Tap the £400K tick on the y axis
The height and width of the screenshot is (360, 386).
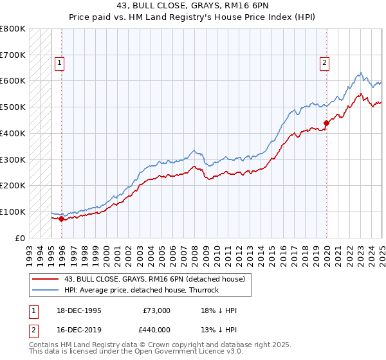[x=12, y=133]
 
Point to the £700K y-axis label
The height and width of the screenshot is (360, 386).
[x=12, y=55]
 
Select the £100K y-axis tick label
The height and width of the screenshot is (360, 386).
[x=12, y=212]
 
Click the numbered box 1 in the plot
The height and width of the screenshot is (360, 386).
[x=59, y=63]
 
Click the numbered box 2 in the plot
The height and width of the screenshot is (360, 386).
[x=324, y=63]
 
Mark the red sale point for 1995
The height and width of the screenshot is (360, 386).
[x=62, y=219]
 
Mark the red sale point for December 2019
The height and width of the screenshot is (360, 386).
[x=326, y=123]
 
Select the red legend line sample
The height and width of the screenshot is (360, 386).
[x=45, y=280]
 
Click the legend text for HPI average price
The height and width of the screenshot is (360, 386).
[x=142, y=290]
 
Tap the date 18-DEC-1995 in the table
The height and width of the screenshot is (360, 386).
[x=79, y=310]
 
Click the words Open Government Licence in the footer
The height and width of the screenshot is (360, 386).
[x=170, y=352]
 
